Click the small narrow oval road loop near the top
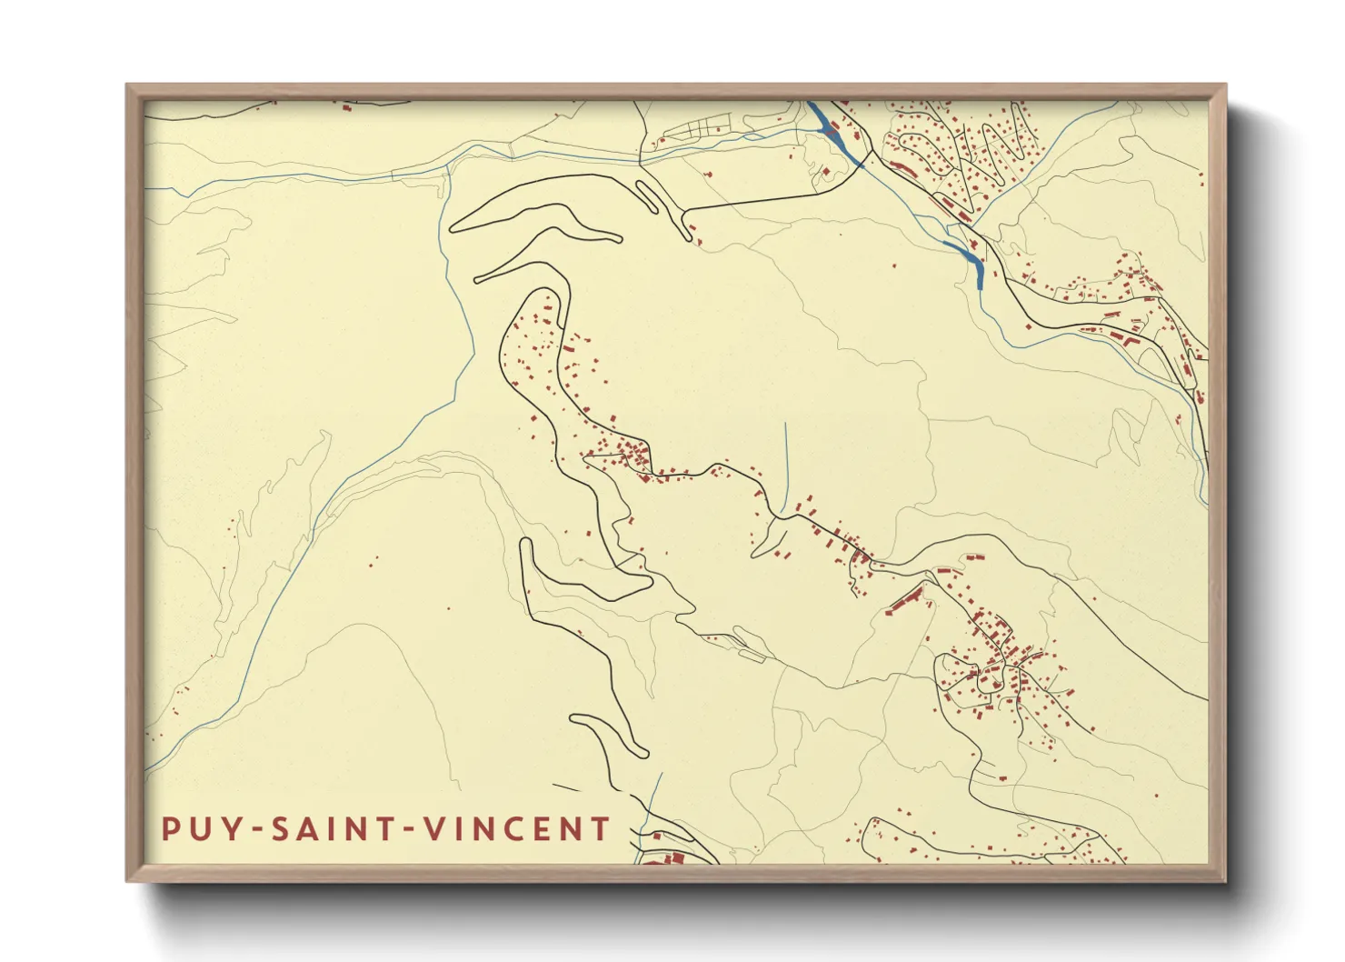(x=647, y=196)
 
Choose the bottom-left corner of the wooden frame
(x=128, y=880)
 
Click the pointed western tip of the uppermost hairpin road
(x=453, y=228)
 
